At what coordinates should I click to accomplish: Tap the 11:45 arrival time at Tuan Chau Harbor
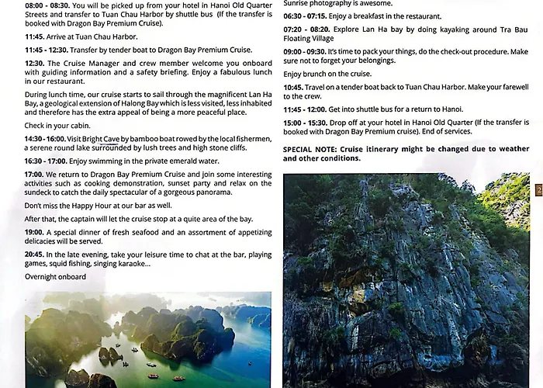click(x=34, y=36)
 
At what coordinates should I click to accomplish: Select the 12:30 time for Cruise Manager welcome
click(x=34, y=63)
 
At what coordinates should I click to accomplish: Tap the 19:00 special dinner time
click(x=34, y=231)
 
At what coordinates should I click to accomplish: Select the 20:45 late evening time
click(x=34, y=255)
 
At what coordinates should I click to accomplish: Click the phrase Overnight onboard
click(x=55, y=277)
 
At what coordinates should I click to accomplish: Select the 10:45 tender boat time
click(x=293, y=87)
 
